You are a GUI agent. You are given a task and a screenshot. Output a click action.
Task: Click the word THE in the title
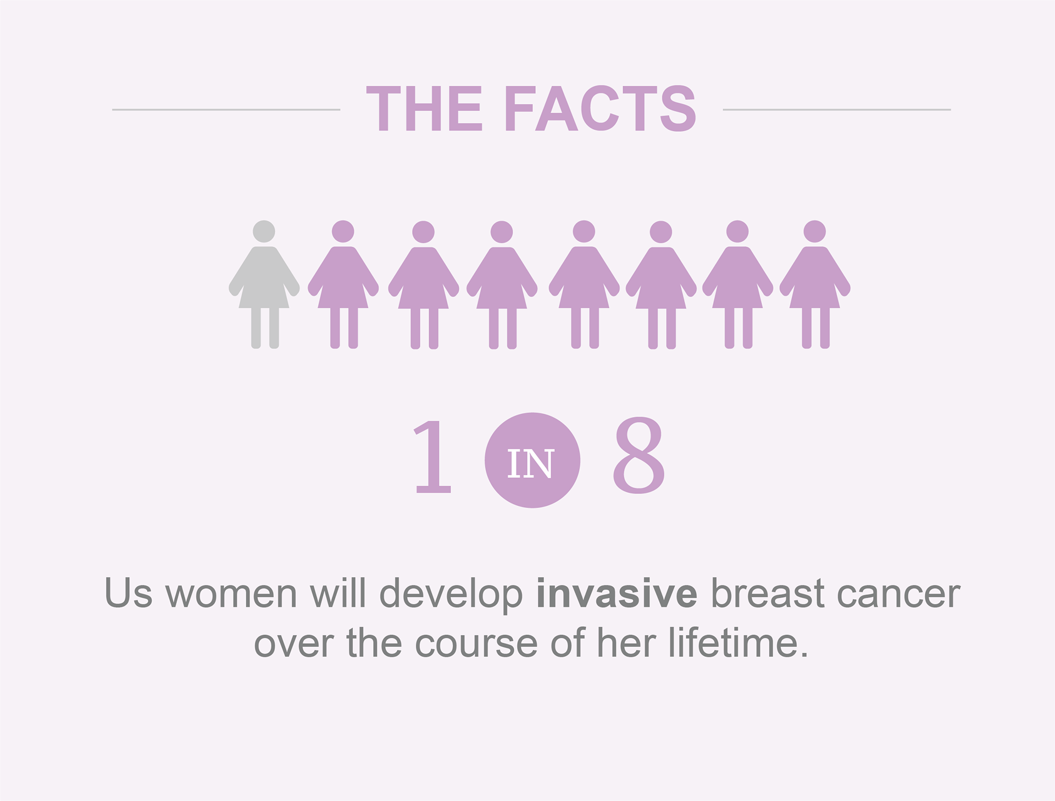click(424, 109)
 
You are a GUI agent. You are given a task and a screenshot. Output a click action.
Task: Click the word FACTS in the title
click(601, 109)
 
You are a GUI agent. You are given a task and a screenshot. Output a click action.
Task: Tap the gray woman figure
click(264, 285)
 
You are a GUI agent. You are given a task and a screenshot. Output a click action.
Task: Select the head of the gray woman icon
click(264, 231)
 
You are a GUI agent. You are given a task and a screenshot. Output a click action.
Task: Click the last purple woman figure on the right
click(815, 285)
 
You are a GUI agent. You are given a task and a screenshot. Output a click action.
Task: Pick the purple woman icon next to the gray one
click(343, 285)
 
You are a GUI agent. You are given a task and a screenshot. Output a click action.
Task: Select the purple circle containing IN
click(532, 460)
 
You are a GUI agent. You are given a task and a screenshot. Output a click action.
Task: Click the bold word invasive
click(617, 594)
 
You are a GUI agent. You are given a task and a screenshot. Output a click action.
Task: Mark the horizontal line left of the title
click(226, 109)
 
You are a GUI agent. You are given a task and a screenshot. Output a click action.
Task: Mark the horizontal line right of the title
click(837, 109)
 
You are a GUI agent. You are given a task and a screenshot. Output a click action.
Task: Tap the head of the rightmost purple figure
click(815, 231)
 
